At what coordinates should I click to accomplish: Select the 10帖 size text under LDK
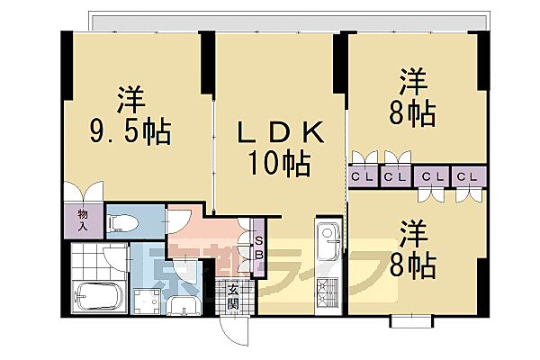(281, 165)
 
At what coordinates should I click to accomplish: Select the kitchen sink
(328, 238)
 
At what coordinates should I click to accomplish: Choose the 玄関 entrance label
(232, 296)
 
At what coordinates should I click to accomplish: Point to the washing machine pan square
(143, 301)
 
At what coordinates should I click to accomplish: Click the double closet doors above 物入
(82, 193)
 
